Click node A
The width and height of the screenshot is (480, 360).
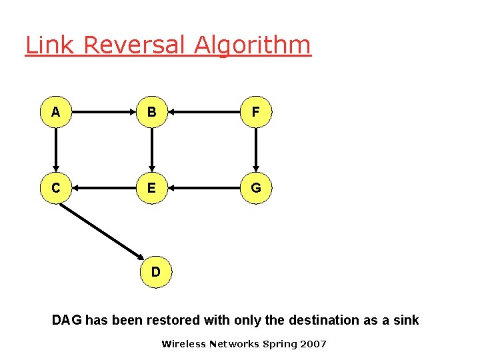tap(56, 113)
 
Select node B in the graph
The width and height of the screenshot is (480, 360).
tap(153, 113)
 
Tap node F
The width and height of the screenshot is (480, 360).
tap(257, 113)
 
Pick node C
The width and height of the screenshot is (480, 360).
tap(56, 189)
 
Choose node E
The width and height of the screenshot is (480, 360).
tap(153, 189)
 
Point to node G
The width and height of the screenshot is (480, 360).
tap(257, 189)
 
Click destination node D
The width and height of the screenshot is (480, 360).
tap(155, 272)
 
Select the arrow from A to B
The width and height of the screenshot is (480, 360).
tap(104, 113)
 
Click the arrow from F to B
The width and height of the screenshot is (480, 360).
tap(205, 113)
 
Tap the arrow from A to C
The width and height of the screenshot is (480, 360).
tap(56, 151)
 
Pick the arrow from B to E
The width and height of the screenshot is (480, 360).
tap(153, 151)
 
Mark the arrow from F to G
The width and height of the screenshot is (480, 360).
tap(257, 151)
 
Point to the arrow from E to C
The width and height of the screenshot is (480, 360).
tap(104, 189)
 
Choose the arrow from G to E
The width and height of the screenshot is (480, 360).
tap(205, 189)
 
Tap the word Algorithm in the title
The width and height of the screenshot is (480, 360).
tap(253, 45)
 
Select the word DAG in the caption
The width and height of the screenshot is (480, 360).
tap(67, 320)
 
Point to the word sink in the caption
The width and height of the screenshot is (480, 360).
tap(405, 320)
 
